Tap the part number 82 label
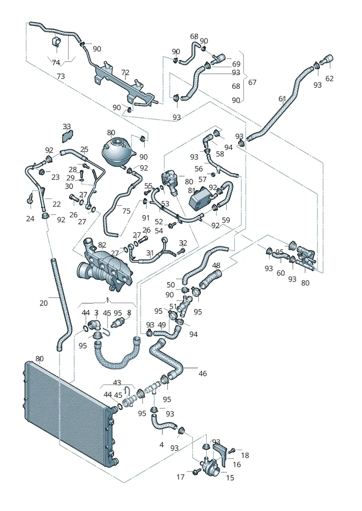(102, 245)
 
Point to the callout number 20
(43, 303)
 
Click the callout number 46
(203, 373)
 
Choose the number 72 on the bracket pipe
(125, 72)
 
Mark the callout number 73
(61, 76)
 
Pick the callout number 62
(329, 78)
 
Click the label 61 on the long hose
(282, 99)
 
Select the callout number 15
(230, 477)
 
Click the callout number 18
(245, 455)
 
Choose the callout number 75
(126, 211)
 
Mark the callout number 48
(216, 266)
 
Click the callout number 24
(30, 219)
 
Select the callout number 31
(150, 253)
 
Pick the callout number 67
(252, 82)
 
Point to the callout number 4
(161, 445)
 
